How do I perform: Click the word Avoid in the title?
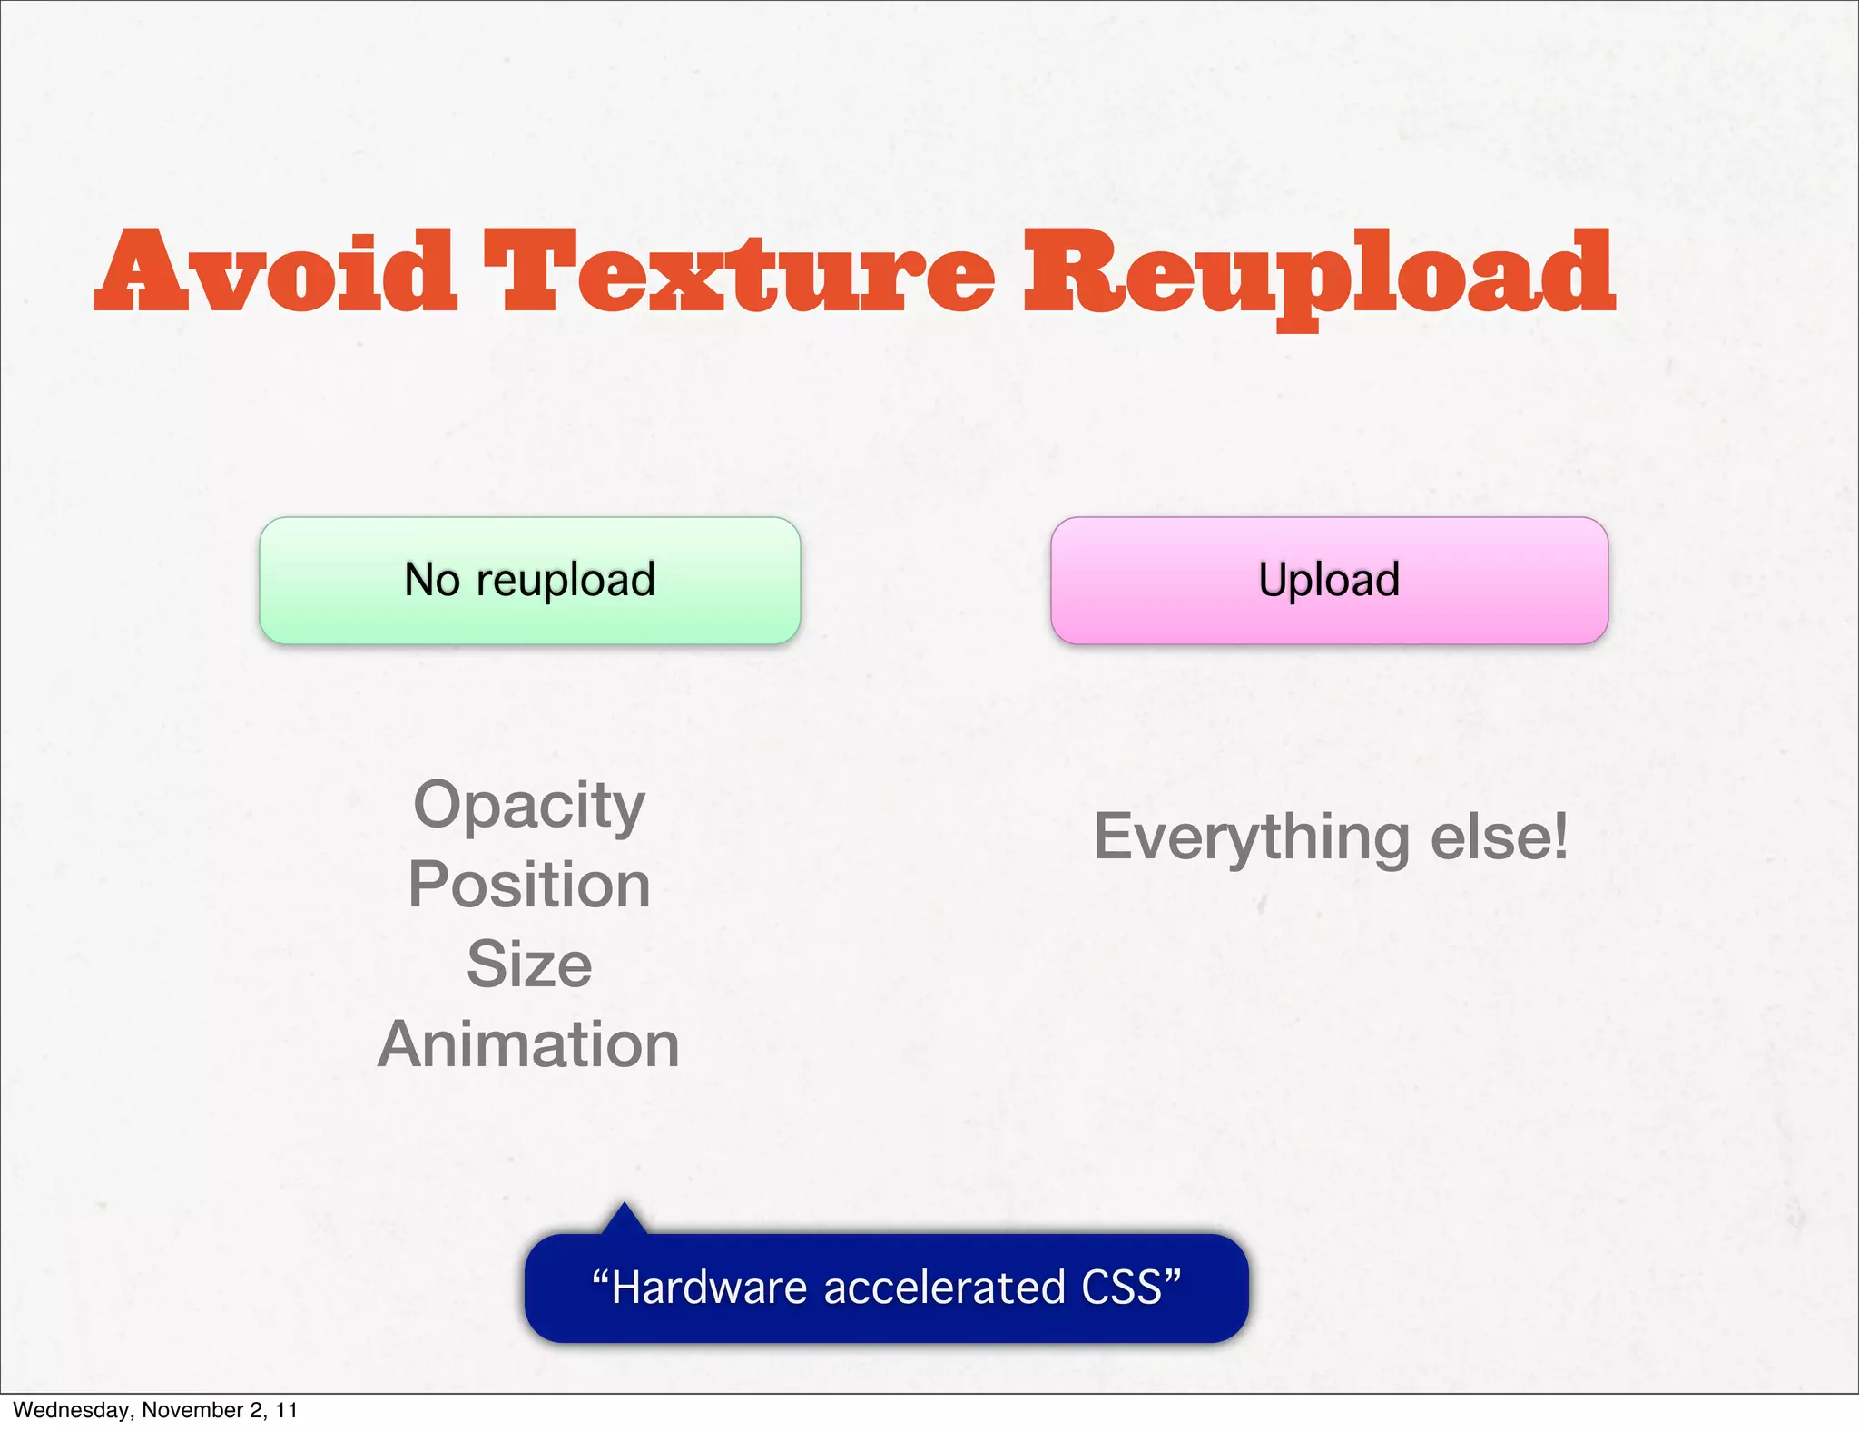click(277, 272)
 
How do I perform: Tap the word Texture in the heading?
click(739, 272)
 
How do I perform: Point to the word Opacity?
click(529, 807)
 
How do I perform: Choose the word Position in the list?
click(529, 885)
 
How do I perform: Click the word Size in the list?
click(529, 964)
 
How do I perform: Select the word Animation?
click(529, 1044)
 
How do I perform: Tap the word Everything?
click(1252, 837)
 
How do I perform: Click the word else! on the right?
click(1500, 836)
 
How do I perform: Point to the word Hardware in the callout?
click(708, 1288)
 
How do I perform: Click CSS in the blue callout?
click(1122, 1288)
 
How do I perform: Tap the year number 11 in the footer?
click(287, 1410)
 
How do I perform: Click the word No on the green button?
click(432, 580)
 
